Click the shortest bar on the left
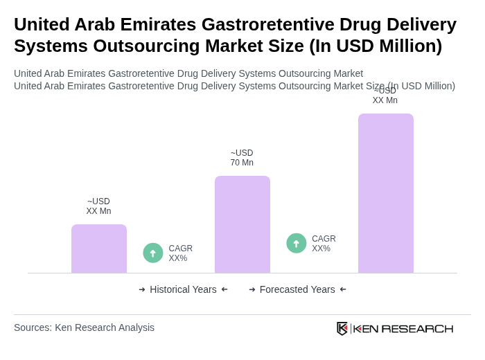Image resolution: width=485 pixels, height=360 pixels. (x=99, y=249)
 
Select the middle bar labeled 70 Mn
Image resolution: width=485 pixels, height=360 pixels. (x=242, y=224)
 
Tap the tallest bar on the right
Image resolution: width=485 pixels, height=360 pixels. (x=386, y=193)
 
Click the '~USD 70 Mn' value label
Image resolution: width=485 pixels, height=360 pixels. (x=242, y=158)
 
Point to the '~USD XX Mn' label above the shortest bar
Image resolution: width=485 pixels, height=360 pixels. (x=98, y=206)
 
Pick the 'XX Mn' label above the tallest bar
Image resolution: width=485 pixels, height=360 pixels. (x=385, y=100)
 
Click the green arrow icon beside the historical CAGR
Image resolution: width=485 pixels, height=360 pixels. (x=153, y=253)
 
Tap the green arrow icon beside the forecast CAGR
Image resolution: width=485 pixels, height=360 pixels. (x=297, y=243)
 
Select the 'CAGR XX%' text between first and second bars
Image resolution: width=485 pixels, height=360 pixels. (x=181, y=253)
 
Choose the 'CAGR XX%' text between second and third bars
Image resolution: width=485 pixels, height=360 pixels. (x=324, y=244)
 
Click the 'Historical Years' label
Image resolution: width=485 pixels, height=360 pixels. (x=183, y=289)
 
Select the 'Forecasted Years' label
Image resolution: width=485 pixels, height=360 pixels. (x=297, y=289)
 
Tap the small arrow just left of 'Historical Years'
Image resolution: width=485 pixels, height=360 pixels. (x=142, y=289)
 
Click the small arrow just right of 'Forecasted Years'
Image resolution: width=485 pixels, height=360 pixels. (x=343, y=289)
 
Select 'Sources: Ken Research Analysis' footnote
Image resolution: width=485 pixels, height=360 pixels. (x=84, y=327)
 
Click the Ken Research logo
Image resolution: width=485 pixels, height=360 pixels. (x=395, y=328)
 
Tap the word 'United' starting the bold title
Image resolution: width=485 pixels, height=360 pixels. (x=43, y=24)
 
